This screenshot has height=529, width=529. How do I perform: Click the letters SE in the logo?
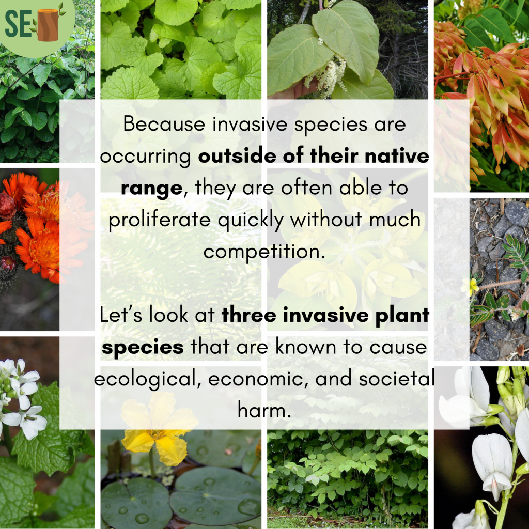click(19, 23)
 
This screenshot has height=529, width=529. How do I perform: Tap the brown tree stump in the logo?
click(48, 25)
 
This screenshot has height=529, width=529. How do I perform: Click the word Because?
click(164, 124)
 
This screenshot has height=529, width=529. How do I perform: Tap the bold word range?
click(152, 188)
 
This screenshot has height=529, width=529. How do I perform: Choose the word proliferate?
click(160, 220)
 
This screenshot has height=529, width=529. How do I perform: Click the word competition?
click(264, 252)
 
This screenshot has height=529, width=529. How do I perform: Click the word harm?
click(264, 410)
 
